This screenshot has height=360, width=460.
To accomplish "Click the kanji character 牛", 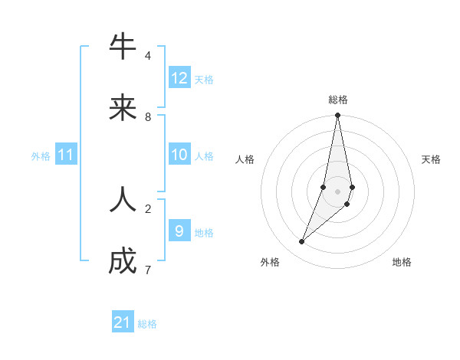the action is click(x=123, y=47).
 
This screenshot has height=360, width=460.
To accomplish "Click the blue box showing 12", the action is click(x=179, y=78).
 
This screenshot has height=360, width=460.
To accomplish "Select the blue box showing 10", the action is click(x=179, y=155).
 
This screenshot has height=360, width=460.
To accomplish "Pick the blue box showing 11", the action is click(x=66, y=155).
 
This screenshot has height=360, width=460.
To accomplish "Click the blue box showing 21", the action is click(x=123, y=322).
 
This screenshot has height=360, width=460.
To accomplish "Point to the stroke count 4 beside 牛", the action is click(x=148, y=56).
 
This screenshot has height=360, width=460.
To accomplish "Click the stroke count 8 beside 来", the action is click(x=148, y=117).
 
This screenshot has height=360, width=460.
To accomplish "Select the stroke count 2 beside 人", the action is click(x=148, y=208).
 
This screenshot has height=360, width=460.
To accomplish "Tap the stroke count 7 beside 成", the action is click(x=148, y=270).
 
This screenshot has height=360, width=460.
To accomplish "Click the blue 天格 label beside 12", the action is click(x=204, y=79).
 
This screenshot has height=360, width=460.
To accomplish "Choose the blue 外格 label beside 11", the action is click(x=41, y=156).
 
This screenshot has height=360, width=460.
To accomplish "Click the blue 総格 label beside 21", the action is click(x=147, y=324).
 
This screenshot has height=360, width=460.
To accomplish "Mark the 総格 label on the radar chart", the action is click(x=338, y=100).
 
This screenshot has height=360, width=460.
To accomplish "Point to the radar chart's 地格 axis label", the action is click(x=402, y=262).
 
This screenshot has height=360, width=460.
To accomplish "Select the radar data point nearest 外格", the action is click(x=302, y=242).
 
